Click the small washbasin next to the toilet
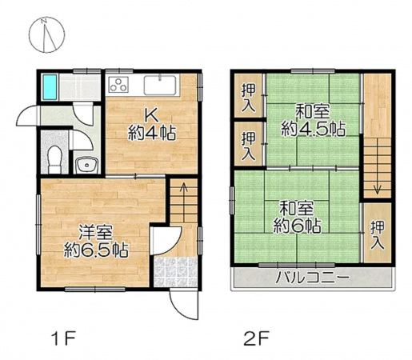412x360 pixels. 86,166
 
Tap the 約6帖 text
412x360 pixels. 298,225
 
